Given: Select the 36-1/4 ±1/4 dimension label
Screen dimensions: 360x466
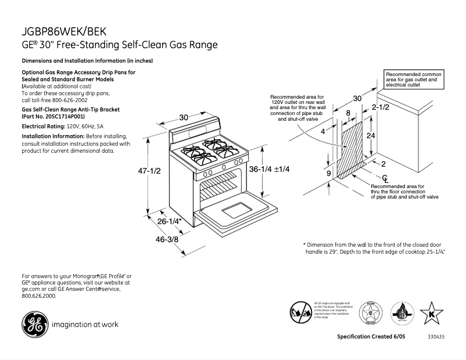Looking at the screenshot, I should (x=269, y=169).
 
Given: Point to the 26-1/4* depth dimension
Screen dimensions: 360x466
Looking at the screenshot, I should (x=170, y=221).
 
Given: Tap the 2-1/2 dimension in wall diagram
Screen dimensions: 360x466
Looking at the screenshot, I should (x=380, y=108).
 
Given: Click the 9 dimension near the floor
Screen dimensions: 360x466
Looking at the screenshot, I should (x=328, y=173).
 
